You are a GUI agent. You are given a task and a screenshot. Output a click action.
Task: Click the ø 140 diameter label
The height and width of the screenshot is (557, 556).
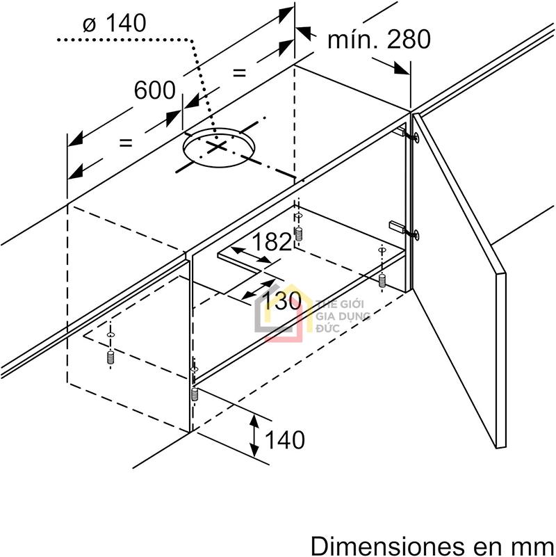(114, 24)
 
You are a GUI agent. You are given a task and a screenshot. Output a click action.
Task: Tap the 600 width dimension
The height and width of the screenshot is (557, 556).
(154, 90)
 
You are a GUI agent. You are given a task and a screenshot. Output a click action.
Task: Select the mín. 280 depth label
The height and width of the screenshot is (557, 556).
(379, 39)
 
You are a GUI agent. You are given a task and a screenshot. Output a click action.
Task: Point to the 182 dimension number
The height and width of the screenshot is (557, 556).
(272, 242)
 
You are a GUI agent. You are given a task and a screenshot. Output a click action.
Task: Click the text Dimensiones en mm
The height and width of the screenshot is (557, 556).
(432, 543)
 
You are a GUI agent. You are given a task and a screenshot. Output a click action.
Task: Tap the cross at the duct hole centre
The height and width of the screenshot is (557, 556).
(218, 147)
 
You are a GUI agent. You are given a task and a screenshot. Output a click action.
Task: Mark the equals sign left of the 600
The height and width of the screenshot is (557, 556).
(125, 143)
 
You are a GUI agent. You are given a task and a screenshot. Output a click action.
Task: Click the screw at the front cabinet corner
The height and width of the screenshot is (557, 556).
(195, 394)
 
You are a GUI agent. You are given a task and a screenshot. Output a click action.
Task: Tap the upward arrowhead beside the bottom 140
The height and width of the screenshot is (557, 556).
(255, 421)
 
